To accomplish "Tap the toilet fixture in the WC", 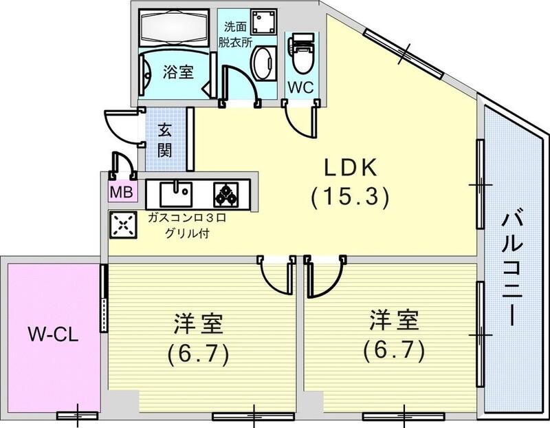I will click(300, 55).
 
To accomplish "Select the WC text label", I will click(300, 87).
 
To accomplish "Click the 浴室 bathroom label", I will click(177, 71).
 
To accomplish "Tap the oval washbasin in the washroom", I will click(262, 66).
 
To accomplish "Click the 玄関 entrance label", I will click(165, 140).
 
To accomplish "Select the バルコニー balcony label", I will click(511, 268).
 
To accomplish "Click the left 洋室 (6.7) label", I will click(197, 339).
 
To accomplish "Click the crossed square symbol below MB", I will click(122, 224).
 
